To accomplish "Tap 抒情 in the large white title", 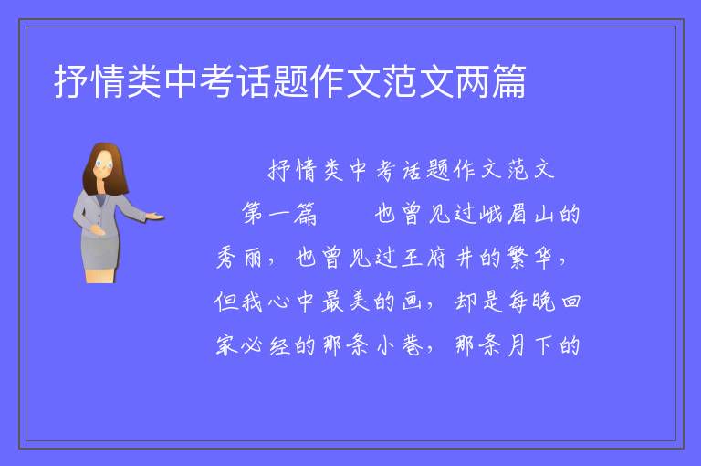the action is [89, 81].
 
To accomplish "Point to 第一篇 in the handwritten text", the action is [279, 213].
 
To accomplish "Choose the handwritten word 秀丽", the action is [239, 258].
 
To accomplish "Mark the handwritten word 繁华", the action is [529, 258].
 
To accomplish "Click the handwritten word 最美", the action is [346, 301].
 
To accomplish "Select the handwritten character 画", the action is [412, 301].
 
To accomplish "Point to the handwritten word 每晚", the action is [531, 301].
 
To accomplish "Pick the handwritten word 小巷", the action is [400, 345].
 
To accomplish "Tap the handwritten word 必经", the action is [265, 345].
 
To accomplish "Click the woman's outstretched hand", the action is [154, 217].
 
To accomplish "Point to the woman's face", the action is [104, 164].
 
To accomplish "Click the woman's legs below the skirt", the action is [100, 275].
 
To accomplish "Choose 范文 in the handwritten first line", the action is [531, 170].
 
